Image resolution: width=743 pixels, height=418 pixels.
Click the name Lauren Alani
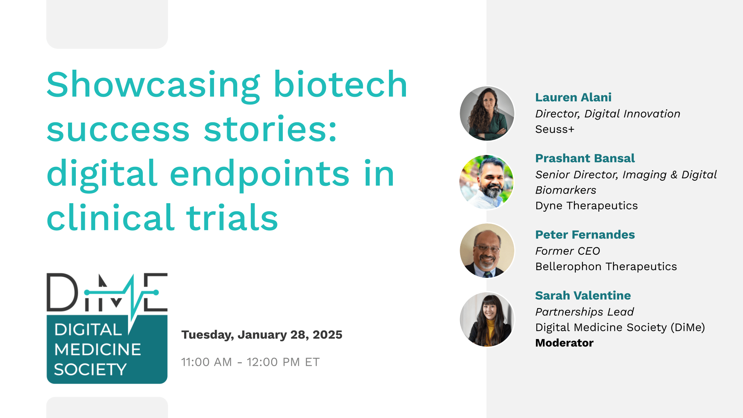(573, 98)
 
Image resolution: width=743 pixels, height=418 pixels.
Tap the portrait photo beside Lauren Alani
(487, 113)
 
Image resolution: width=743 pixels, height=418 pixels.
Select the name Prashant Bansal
(585, 158)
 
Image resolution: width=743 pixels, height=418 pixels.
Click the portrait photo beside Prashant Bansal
(487, 182)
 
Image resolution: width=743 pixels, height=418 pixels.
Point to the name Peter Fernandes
(585, 235)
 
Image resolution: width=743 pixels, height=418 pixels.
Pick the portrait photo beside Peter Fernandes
(487, 250)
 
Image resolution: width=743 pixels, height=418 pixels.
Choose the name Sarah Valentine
(583, 295)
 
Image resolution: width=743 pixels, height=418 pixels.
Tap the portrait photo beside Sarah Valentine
(487, 319)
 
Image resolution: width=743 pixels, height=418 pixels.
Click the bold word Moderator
(564, 343)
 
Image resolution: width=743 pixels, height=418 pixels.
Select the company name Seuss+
(555, 129)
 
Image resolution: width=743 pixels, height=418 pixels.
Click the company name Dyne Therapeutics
(586, 206)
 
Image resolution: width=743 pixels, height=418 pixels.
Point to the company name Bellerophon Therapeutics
(606, 266)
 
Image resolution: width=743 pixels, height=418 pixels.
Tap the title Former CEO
(567, 251)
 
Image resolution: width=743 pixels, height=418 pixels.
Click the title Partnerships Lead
(584, 312)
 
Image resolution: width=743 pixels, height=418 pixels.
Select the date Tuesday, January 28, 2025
(262, 335)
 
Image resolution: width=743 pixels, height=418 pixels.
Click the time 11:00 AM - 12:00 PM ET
(250, 362)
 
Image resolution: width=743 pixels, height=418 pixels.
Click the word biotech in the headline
(340, 84)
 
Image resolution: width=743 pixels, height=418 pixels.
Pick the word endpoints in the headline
(260, 174)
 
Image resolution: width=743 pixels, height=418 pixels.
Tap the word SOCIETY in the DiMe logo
(90, 370)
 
